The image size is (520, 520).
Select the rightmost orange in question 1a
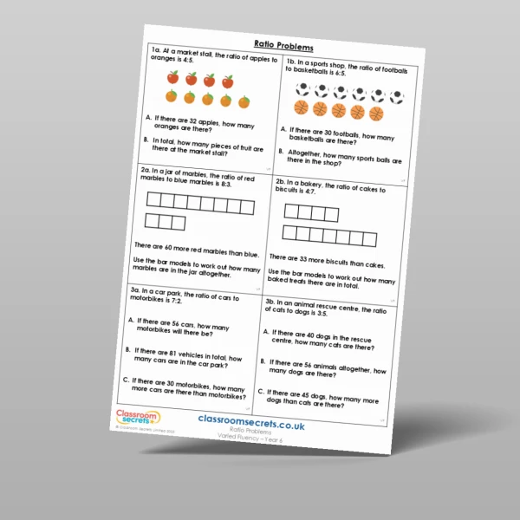point(244,103)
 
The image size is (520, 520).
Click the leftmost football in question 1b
point(302,89)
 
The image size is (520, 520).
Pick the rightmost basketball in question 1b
point(376,114)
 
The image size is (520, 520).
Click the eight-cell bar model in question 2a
point(200,205)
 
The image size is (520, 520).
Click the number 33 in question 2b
point(316,257)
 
